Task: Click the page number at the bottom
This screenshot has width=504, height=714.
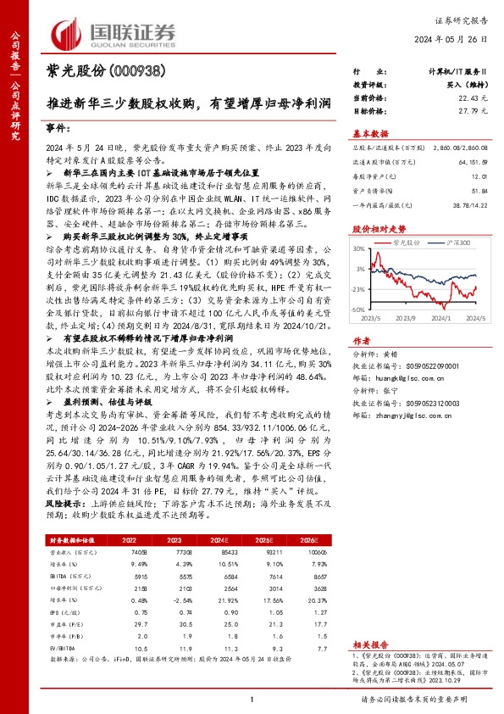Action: click(252, 698)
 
